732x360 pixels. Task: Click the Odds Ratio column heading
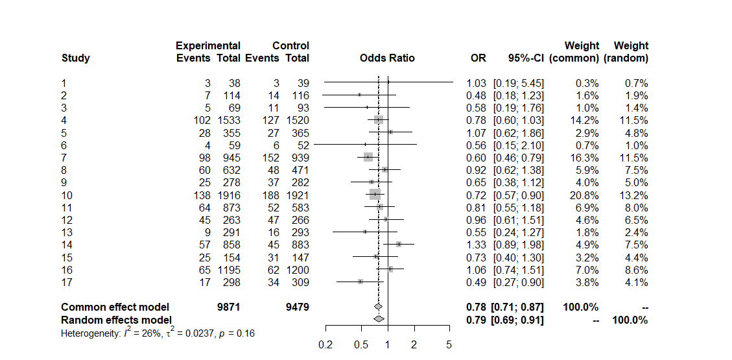coord(387,58)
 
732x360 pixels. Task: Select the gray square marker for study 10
coord(375,194)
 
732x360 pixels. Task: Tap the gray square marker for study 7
coord(368,157)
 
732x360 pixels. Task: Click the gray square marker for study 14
coord(399,244)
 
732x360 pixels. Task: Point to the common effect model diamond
coord(378,307)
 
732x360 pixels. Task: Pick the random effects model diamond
coord(379,319)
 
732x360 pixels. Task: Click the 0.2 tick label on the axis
coord(325,345)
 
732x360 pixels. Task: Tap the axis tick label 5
coord(449,345)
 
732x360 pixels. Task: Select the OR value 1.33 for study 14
coord(476,245)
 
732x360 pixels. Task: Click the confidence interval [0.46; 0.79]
coord(518,158)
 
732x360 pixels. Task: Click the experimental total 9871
coord(229,307)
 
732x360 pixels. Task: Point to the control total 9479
coord(298,307)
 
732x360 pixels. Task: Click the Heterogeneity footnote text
coord(158,333)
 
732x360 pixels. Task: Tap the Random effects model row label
coord(117,320)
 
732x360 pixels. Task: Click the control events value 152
coord(271,158)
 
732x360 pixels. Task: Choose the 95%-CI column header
coord(526,58)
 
